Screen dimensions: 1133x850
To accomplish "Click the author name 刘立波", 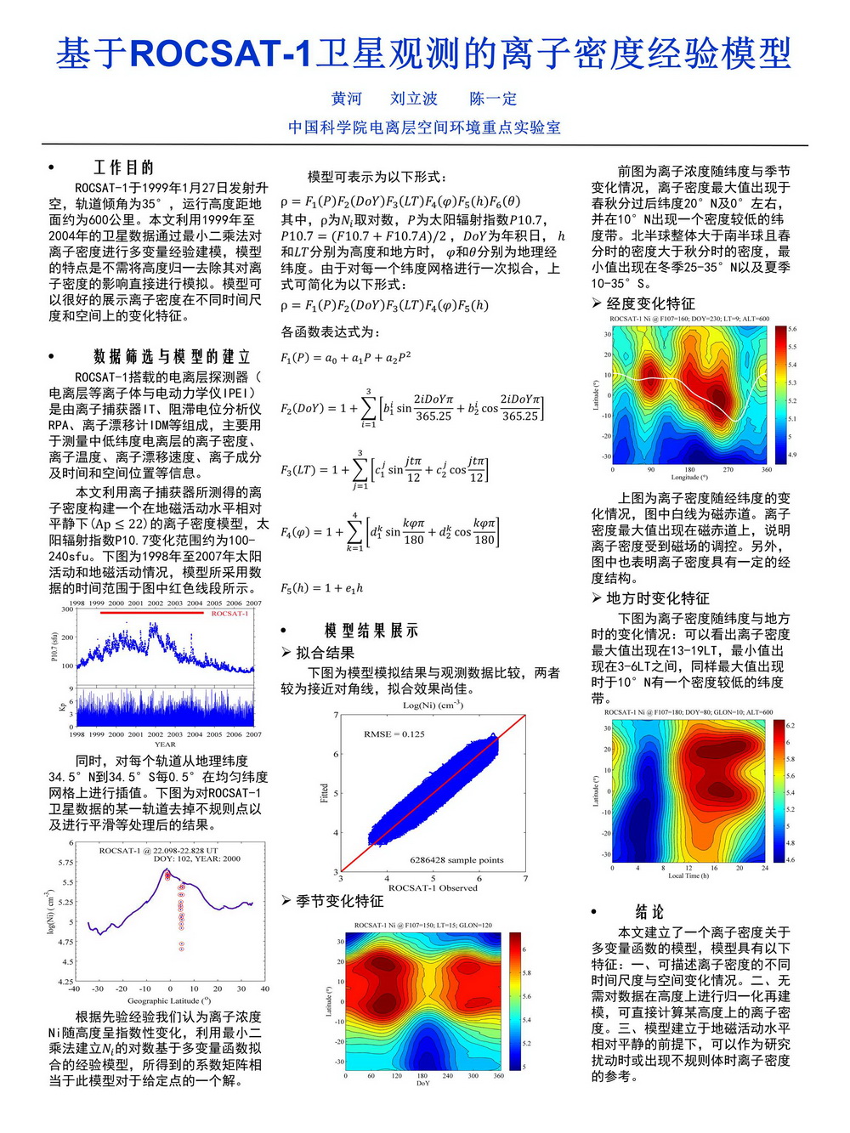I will [x=414, y=99].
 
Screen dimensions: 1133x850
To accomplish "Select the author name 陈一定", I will [x=493, y=99].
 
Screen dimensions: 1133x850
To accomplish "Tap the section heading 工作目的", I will [x=123, y=167].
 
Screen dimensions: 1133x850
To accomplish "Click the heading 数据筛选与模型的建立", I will [x=172, y=356].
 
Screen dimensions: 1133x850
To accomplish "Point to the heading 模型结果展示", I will [x=371, y=631].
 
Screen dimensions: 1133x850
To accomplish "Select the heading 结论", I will [x=649, y=912].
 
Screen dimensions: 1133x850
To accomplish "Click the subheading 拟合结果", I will [x=325, y=653].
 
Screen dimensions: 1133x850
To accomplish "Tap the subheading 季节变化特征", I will [x=339, y=901].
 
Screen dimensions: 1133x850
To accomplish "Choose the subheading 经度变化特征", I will [x=650, y=303].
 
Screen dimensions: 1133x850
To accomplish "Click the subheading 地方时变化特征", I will [x=657, y=598].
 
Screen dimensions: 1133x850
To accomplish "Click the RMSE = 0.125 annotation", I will [x=394, y=734].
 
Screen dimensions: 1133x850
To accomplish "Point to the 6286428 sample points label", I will [x=456, y=860].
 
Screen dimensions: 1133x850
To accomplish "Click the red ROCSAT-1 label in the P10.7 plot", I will [x=229, y=613].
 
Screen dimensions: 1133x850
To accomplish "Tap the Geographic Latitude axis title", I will [x=169, y=1000].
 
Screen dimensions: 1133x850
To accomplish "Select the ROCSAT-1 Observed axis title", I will [x=433, y=888].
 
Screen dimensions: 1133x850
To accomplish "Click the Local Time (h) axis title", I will [x=688, y=875].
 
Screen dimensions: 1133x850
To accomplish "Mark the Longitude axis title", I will [x=689, y=478].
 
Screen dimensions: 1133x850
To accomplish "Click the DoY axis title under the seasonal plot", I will [x=422, y=1084].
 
